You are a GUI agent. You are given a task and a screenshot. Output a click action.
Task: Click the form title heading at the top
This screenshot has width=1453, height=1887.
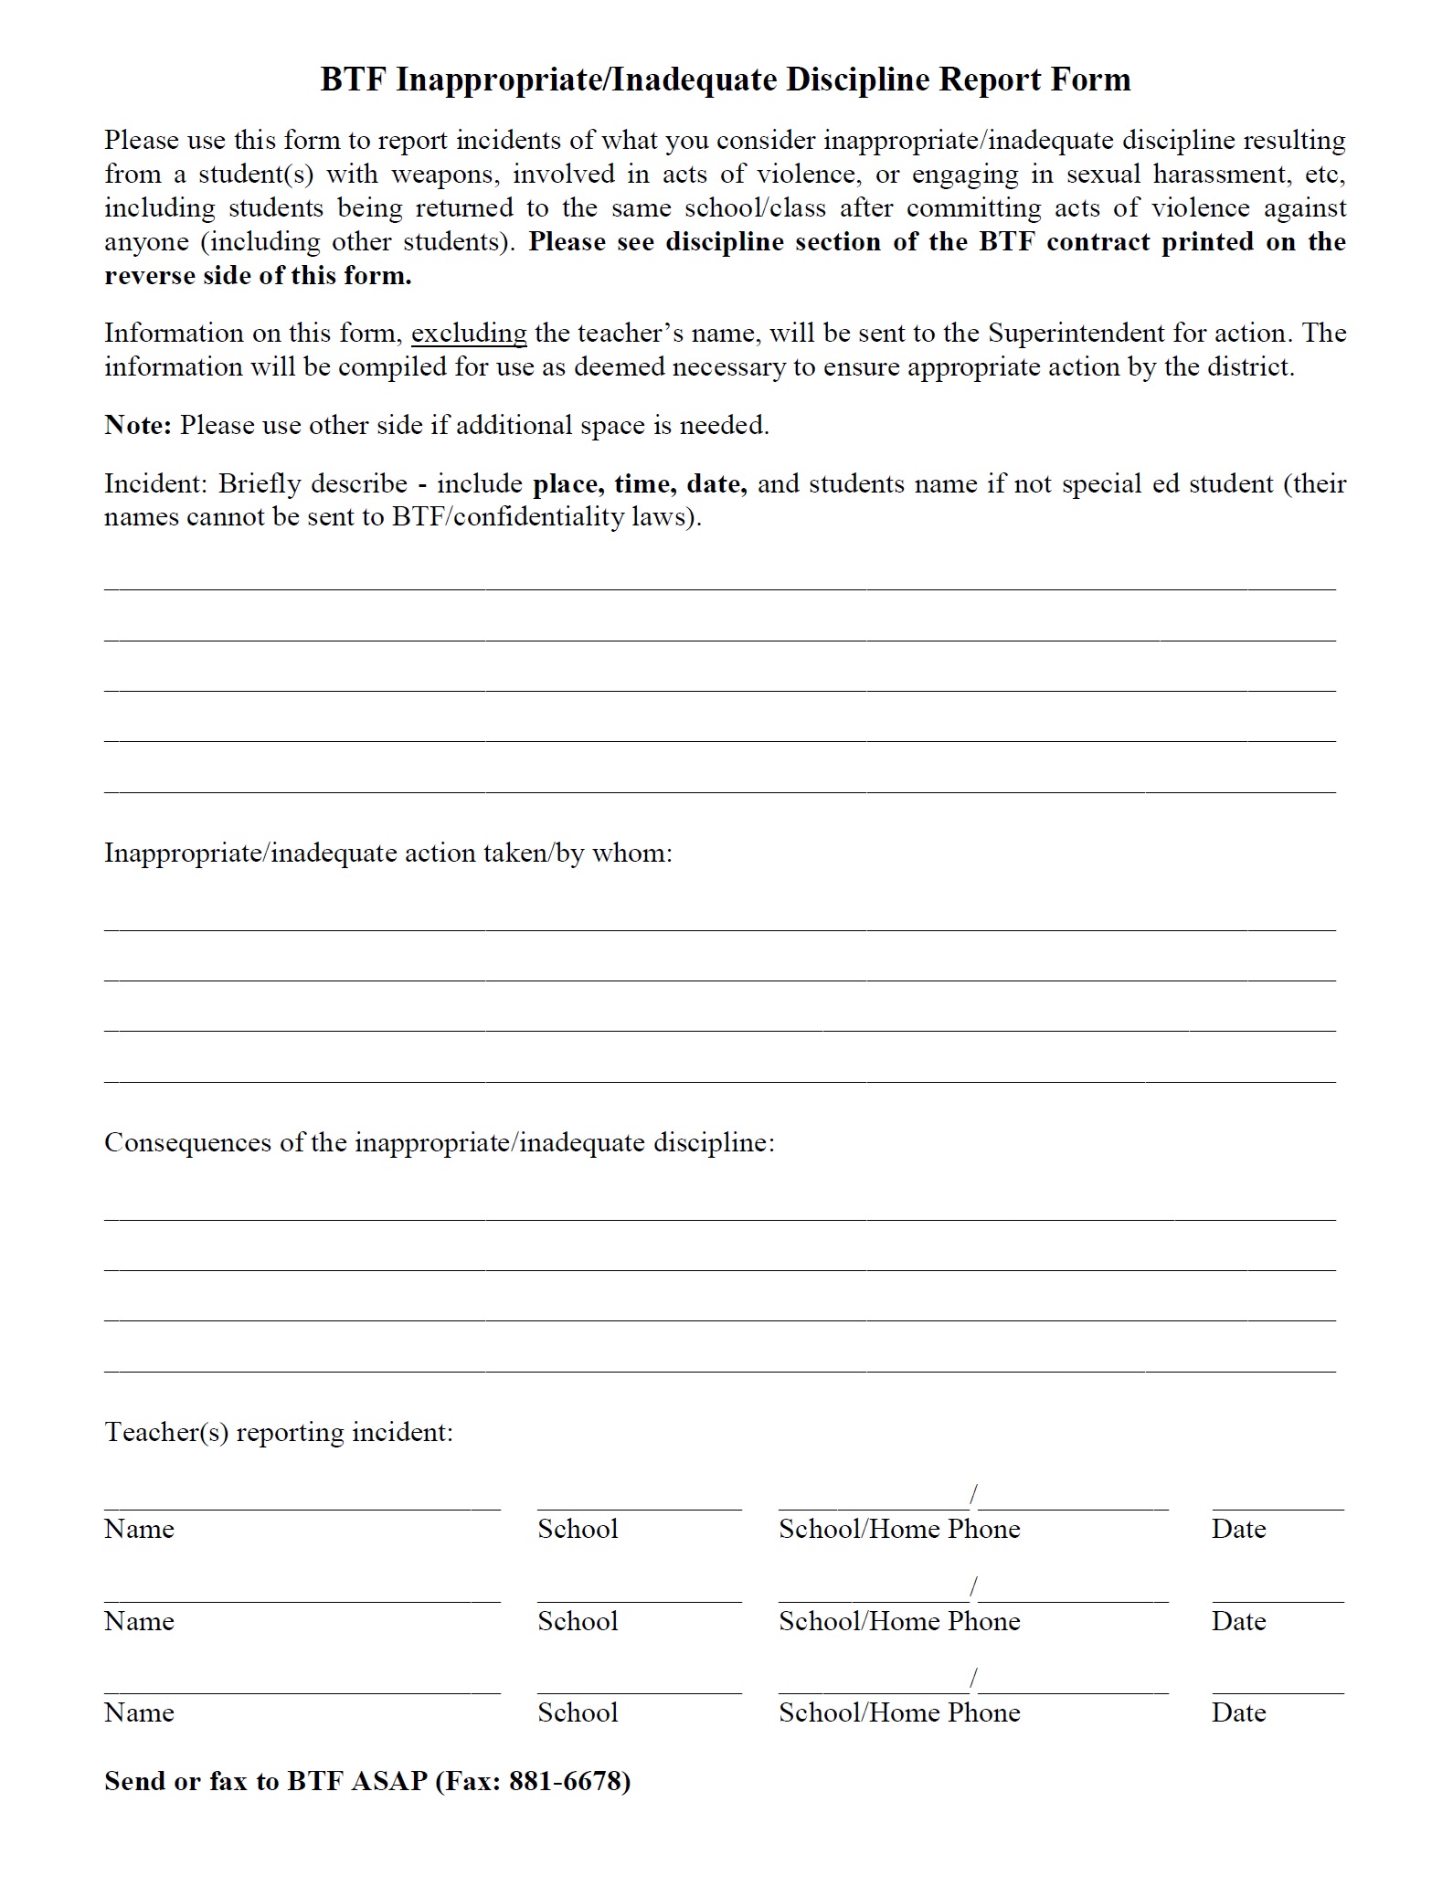(x=726, y=80)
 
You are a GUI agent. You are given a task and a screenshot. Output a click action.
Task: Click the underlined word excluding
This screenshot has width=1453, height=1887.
(x=469, y=334)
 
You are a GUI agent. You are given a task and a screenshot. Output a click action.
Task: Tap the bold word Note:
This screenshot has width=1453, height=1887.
(x=138, y=426)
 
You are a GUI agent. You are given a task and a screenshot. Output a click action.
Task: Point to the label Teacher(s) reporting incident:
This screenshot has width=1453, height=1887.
(x=279, y=1432)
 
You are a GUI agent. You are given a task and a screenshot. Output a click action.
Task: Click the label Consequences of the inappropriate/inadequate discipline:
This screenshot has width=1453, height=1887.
(x=439, y=1143)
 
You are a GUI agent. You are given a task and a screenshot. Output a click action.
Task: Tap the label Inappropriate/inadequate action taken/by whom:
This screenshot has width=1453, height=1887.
(x=388, y=853)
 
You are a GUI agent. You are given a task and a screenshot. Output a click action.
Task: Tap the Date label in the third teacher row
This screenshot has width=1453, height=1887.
(x=1238, y=1713)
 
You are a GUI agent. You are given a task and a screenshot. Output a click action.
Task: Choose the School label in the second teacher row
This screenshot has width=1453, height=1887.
(x=578, y=1622)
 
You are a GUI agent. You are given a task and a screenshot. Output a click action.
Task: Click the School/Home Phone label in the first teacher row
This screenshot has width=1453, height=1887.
(x=899, y=1530)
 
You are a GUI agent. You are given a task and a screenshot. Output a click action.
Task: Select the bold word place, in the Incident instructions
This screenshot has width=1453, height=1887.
(x=568, y=484)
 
